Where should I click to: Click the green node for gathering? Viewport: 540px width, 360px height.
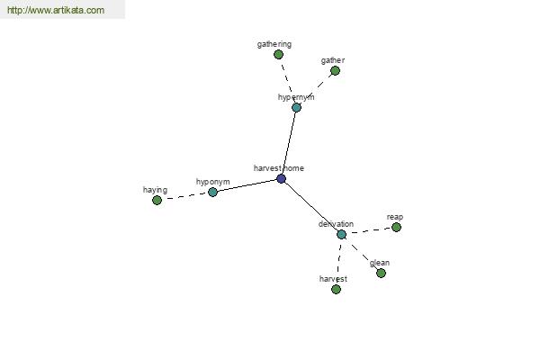pos(278,54)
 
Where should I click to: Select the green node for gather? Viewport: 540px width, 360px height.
pos(335,70)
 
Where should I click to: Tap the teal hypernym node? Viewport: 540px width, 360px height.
pos(296,107)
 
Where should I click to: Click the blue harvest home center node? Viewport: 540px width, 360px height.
pos(282,179)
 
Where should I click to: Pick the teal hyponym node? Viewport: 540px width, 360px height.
pos(212,192)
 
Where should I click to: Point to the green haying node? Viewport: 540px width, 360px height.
pos(157,200)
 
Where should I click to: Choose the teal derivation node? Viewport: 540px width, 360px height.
pos(341,234)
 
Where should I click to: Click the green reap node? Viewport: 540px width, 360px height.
pos(396,227)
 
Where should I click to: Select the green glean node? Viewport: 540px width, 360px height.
pos(381,274)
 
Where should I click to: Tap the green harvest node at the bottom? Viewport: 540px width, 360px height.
pos(336,289)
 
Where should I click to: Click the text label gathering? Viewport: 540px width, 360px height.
pos(274,44)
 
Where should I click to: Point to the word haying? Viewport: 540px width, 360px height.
pos(155,190)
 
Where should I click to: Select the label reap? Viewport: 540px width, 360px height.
pos(395,218)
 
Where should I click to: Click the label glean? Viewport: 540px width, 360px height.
pos(380,263)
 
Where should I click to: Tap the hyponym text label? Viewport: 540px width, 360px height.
pos(212,182)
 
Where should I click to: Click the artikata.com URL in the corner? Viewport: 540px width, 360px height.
pos(56,10)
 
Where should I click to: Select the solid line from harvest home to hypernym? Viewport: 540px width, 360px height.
pos(289,143)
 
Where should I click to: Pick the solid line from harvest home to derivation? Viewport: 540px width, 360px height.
pos(311,207)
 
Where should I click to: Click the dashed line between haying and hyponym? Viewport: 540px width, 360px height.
pos(184,196)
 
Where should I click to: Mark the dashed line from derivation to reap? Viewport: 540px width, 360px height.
pos(369,230)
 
